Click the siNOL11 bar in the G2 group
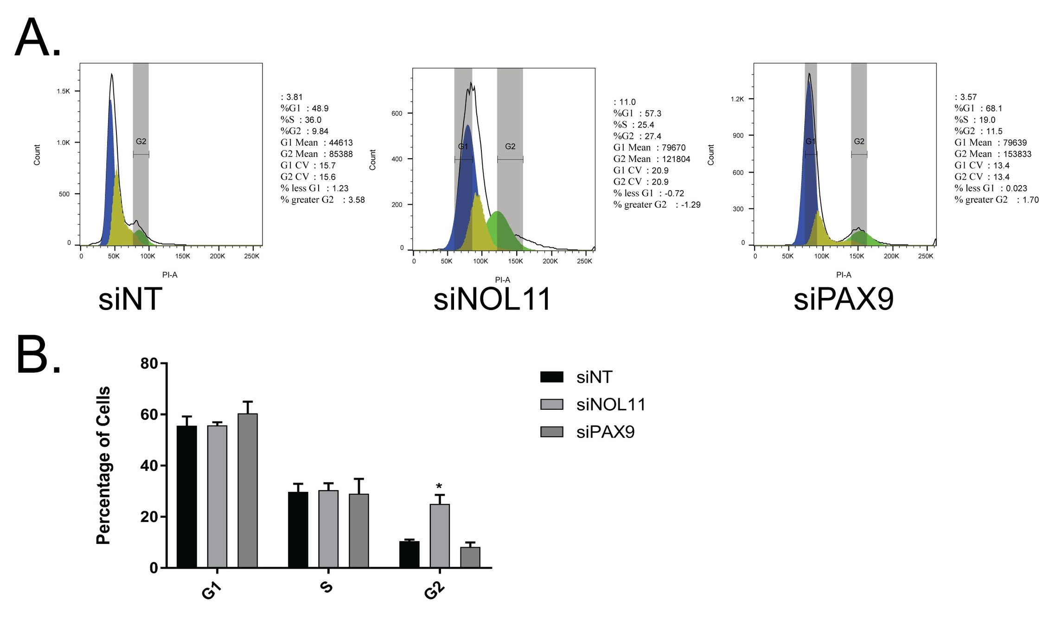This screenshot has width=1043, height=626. [439, 536]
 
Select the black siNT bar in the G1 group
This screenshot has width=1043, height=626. [186, 497]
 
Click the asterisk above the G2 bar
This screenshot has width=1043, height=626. [439, 487]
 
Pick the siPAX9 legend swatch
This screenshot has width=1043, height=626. [551, 432]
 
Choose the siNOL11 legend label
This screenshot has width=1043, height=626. [611, 405]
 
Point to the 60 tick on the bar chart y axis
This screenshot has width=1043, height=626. [149, 414]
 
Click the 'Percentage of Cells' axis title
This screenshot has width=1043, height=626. [103, 465]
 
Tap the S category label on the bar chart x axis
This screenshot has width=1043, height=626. [326, 587]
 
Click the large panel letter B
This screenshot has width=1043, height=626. [38, 355]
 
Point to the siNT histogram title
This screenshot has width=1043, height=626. [130, 299]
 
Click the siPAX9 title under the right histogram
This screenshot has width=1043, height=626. [843, 299]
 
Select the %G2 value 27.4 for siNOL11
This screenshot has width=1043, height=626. [653, 136]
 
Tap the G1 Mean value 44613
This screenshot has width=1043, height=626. [341, 142]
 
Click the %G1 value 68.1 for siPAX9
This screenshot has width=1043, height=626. [994, 108]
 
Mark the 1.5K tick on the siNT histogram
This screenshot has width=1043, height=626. [64, 91]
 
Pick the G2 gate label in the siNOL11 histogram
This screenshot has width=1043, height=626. [510, 147]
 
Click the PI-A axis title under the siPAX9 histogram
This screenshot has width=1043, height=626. [843, 275]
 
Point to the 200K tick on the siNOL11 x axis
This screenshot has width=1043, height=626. [550, 261]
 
